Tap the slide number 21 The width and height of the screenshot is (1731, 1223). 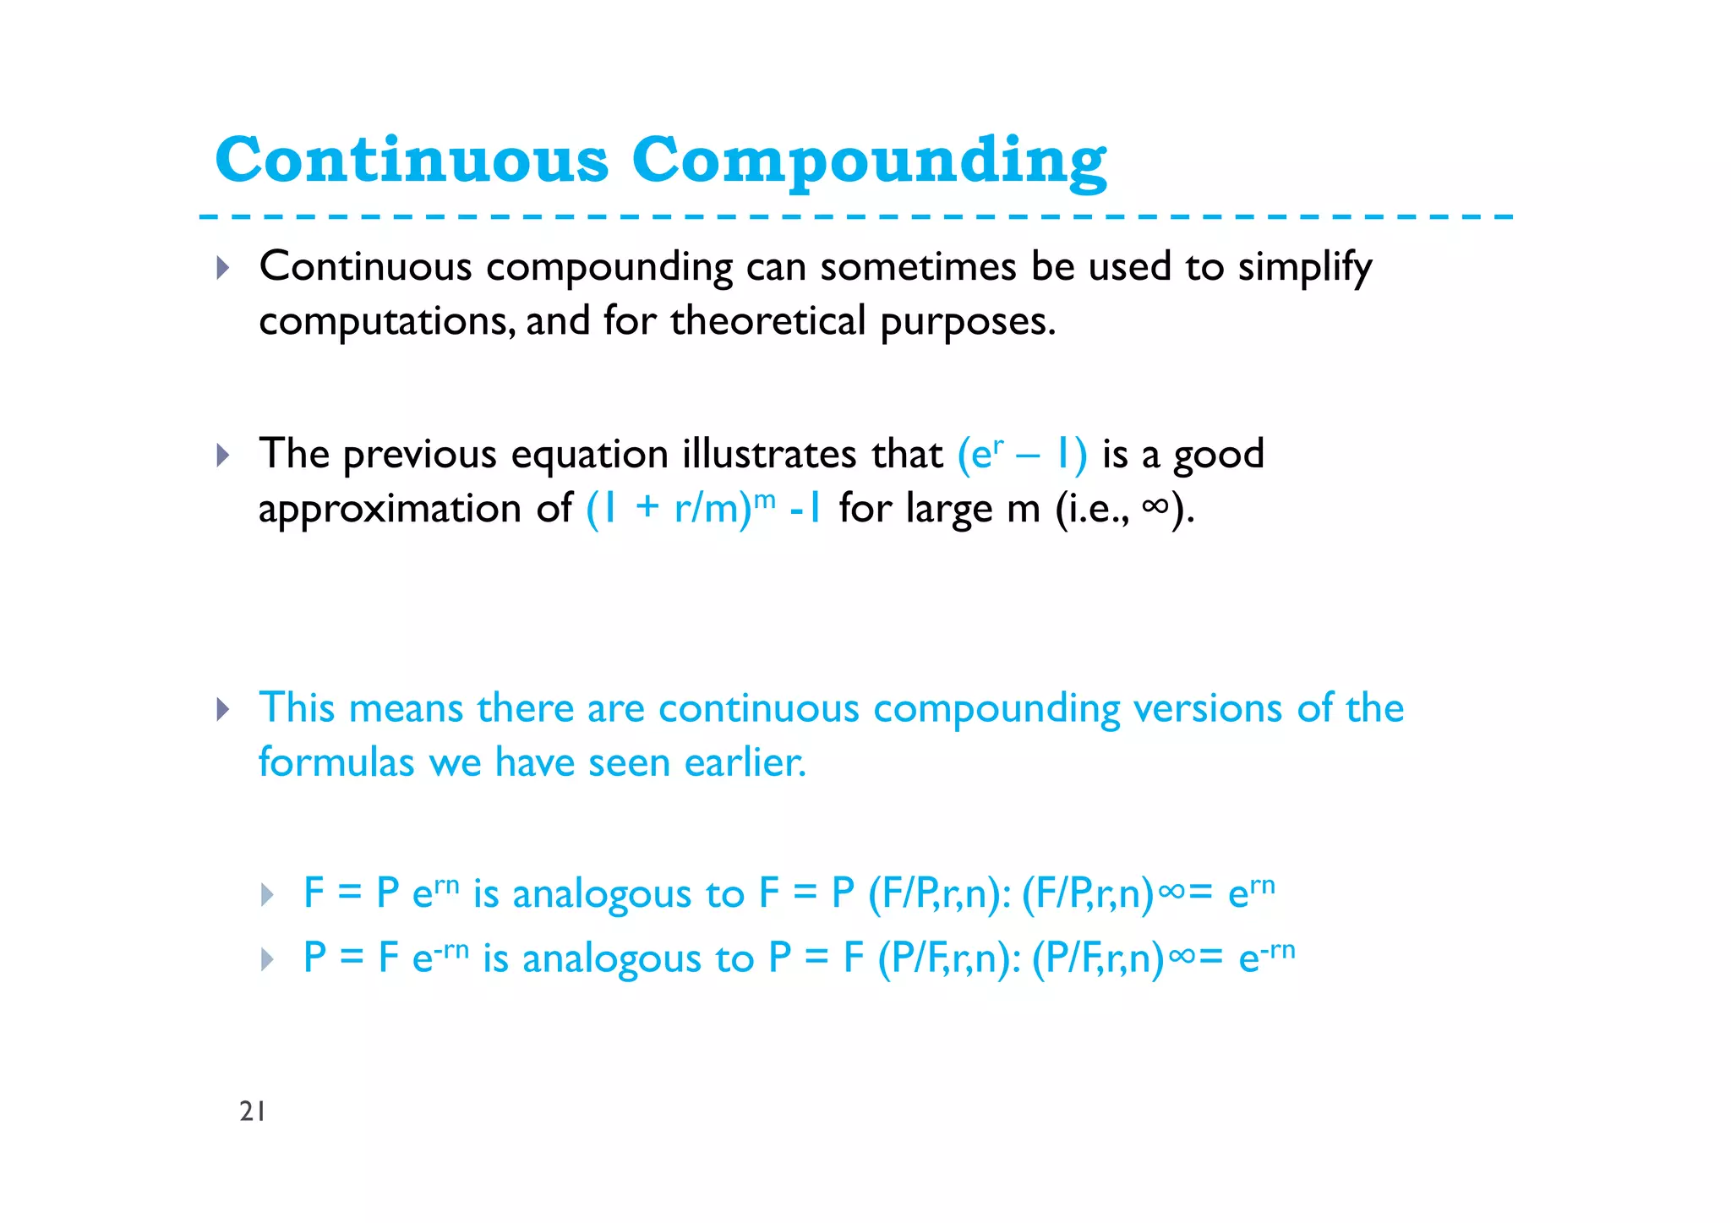[253, 1111]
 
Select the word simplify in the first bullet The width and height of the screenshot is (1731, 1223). [1305, 268]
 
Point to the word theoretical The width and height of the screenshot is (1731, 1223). [768, 322]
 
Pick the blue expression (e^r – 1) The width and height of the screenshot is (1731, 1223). [1022, 454]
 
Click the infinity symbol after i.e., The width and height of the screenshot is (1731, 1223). [1155, 506]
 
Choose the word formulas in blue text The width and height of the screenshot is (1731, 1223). [336, 762]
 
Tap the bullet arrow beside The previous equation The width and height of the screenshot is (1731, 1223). [222, 456]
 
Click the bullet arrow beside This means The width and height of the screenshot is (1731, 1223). [222, 709]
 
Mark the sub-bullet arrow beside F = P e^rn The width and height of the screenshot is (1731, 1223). [267, 894]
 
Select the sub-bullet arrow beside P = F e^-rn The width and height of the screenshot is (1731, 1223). [267, 959]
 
